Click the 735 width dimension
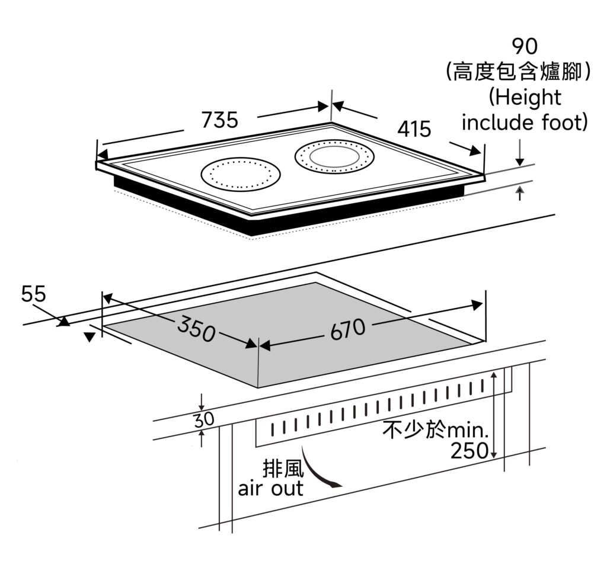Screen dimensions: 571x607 coord(219,120)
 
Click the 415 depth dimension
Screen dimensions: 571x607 coord(414,129)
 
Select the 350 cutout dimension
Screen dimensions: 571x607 coord(196,330)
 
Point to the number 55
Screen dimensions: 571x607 coord(34,294)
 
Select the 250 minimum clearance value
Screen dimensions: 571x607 coord(469,451)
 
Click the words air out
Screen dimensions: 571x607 coord(271,489)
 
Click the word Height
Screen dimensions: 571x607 coord(525,97)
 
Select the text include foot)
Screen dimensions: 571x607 coord(525,123)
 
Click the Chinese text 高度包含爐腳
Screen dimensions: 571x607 coord(519,72)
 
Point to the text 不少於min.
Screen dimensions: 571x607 coord(437,429)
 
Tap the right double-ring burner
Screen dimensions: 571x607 coord(335,158)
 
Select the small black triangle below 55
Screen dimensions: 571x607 coord(90,337)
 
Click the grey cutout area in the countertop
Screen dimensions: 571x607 coord(279,349)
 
